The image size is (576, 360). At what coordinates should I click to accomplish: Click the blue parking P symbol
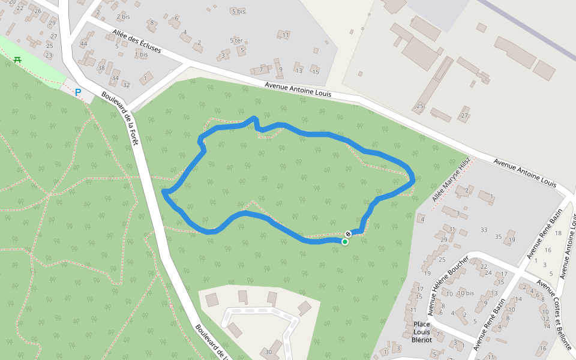pos(77,92)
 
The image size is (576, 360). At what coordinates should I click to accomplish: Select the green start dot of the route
pos(345,242)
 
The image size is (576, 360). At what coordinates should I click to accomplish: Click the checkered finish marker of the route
pos(348,233)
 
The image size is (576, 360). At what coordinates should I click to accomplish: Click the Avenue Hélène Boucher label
pos(448,284)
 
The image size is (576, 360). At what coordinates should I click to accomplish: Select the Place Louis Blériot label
pos(422,332)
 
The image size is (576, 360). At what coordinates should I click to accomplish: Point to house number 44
pos(83,43)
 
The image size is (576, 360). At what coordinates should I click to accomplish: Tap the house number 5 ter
pos(236,40)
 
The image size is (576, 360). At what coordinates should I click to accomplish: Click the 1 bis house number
pos(141,55)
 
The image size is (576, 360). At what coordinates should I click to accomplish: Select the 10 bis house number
pos(466,293)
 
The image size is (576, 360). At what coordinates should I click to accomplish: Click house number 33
pos(484,230)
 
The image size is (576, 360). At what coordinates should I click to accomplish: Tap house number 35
pos(498,236)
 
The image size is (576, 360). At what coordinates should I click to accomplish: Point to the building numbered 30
pos(268,352)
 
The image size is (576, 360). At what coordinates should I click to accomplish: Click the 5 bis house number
pos(238,11)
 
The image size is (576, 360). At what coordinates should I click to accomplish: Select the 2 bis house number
pos(123,16)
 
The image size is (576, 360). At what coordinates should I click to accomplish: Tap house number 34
pos(115,78)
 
